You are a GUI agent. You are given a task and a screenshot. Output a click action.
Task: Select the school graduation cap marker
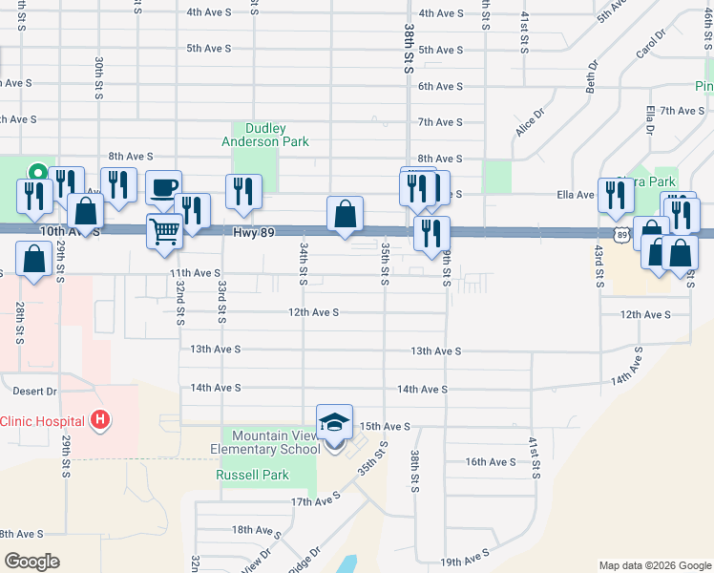[335, 422]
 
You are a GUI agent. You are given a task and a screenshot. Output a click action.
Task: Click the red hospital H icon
[99, 420]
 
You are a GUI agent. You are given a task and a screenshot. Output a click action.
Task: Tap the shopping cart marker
[164, 230]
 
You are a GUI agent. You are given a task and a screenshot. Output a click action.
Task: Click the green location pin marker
[37, 173]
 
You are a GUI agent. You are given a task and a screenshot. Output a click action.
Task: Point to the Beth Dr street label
[592, 77]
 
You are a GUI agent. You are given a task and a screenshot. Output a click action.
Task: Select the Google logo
[31, 562]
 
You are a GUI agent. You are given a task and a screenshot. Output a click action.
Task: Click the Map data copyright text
[654, 565]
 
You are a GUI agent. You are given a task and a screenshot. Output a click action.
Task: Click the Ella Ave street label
[577, 195]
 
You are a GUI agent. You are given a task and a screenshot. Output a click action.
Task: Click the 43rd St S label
[599, 265]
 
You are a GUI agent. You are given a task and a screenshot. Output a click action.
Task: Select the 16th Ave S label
[491, 462]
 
